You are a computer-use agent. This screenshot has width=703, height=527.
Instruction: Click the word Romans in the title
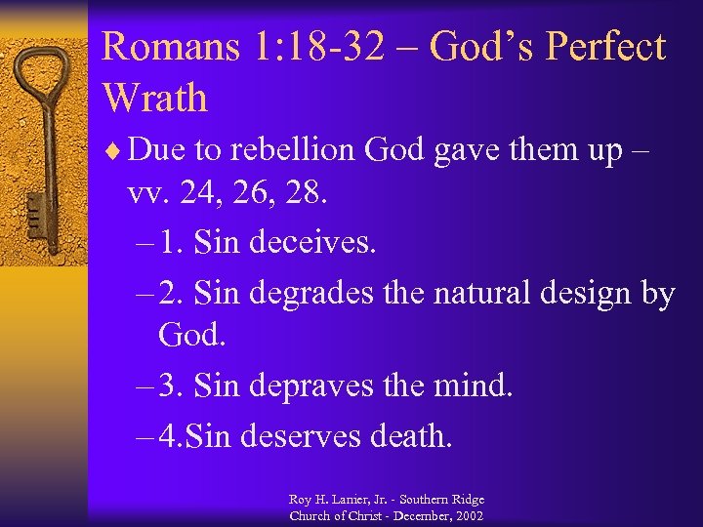(x=157, y=47)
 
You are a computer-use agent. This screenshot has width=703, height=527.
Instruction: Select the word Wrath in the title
(x=155, y=98)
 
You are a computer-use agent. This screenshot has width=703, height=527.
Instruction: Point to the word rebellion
(x=298, y=152)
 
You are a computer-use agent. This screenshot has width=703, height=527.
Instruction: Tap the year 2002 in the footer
(x=468, y=515)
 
